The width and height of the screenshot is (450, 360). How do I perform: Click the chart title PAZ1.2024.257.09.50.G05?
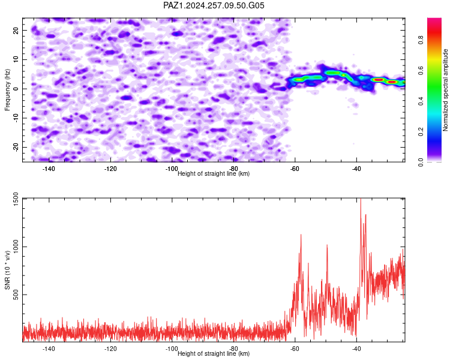(214, 5)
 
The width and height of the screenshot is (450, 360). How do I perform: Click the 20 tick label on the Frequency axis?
(16, 30)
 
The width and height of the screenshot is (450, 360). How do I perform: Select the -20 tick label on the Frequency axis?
(16, 147)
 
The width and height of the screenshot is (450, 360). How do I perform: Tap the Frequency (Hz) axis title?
(7, 90)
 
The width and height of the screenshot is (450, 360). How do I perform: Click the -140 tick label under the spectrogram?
(49, 169)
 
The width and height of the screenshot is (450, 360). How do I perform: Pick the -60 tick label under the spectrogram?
(295, 169)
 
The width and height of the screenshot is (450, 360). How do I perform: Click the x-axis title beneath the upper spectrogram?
(214, 173)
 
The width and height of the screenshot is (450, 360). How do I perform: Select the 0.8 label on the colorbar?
(421, 40)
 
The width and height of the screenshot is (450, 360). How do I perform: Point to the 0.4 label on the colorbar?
(421, 101)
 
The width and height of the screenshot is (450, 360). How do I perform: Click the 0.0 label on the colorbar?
(421, 162)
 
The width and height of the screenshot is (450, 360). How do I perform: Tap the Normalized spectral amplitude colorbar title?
(445, 90)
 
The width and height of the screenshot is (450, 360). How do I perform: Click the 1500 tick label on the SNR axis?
(16, 199)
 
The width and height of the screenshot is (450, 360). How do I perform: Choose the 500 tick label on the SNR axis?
(16, 295)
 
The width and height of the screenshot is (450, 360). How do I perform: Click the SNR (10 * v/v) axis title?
(7, 270)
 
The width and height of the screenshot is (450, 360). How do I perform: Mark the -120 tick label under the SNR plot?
(110, 349)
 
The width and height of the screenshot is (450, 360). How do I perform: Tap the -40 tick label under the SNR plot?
(356, 349)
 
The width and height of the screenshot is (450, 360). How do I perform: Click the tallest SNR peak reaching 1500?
(361, 199)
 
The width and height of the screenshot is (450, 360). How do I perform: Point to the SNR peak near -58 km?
(301, 235)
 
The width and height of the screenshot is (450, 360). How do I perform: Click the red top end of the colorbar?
(434, 19)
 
